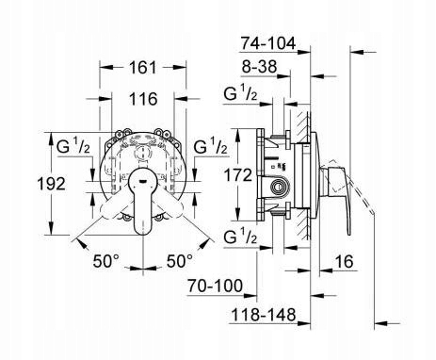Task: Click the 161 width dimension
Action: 143,68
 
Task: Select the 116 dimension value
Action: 143,99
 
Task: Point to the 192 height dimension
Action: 51,184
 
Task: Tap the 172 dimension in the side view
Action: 238,175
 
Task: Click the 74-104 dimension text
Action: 267,43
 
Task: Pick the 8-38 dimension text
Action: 259,67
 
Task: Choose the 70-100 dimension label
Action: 215,286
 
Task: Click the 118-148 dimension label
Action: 264,315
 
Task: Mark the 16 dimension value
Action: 344,261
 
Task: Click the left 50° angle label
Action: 106,261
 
